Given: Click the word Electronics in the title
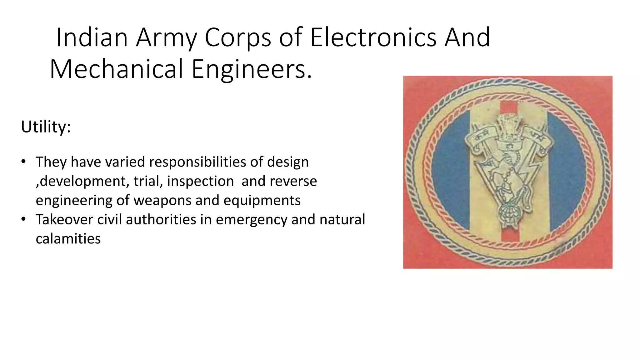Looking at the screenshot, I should [x=373, y=38].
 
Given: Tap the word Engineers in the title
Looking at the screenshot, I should [x=252, y=69].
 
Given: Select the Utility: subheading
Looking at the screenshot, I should [x=46, y=127].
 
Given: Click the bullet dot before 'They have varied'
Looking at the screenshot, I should [x=23, y=162].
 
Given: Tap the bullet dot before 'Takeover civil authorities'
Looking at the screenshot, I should [x=23, y=219].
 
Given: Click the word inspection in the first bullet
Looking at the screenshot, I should [x=200, y=181].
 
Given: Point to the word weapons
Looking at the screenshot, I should [x=162, y=200].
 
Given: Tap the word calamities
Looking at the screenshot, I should [x=68, y=239].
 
